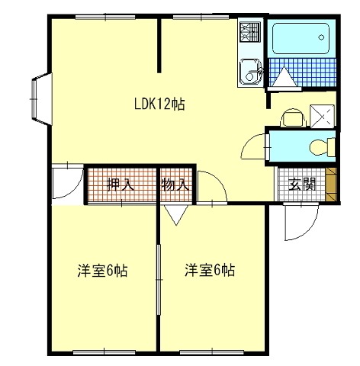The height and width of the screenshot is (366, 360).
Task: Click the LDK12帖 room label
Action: point(159,104)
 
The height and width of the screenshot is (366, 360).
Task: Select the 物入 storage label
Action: point(175,185)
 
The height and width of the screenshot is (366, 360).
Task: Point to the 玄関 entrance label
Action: point(302,185)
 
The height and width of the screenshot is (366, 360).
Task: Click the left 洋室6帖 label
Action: point(102,271)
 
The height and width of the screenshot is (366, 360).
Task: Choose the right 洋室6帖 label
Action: point(210,270)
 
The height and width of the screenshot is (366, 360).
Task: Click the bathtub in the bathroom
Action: point(301,38)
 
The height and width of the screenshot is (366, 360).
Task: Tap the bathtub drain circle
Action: point(321,37)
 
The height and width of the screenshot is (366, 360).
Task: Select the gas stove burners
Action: point(250,32)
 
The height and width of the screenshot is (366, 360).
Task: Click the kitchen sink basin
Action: point(249,71)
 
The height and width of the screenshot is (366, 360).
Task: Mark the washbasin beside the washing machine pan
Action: point(293,117)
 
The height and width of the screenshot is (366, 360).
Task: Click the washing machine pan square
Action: point(322,116)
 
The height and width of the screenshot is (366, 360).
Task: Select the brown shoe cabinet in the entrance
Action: point(331,185)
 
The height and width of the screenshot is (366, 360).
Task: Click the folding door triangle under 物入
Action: point(176,215)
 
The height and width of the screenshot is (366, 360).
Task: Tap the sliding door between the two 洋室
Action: point(159,280)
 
